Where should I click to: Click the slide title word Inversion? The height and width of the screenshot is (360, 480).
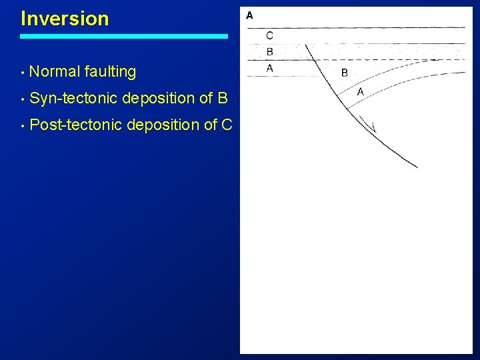(x=65, y=19)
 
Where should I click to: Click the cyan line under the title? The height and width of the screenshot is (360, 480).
(x=124, y=37)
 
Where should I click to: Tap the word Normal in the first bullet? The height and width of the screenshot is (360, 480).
(x=55, y=71)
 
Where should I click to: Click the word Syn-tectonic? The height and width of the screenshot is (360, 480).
(x=74, y=99)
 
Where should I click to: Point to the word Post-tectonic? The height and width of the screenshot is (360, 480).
(x=76, y=125)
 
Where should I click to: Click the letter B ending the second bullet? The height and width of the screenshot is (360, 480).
(x=223, y=99)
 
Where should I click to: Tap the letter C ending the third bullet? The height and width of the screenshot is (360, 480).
(x=226, y=125)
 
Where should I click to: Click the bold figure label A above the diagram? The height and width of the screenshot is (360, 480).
(x=249, y=15)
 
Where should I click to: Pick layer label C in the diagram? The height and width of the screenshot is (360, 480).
(x=269, y=36)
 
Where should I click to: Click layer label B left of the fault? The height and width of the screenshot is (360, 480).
(x=269, y=52)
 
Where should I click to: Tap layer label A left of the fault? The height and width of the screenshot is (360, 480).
(x=269, y=68)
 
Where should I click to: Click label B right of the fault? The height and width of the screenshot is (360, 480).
(x=345, y=73)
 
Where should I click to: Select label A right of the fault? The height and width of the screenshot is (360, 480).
(x=360, y=92)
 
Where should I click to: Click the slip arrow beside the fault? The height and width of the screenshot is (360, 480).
(x=367, y=124)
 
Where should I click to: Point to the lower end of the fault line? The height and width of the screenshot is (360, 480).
(x=416, y=166)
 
